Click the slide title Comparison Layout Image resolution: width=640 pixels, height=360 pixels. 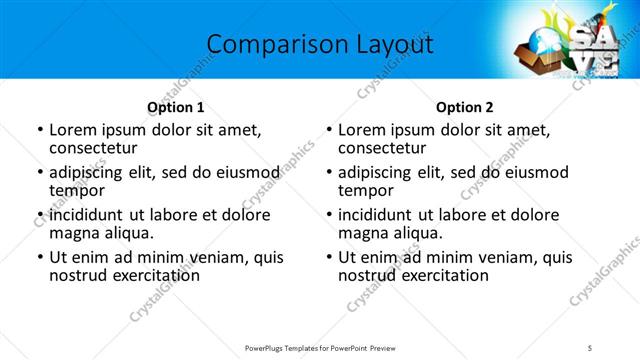pos(319,44)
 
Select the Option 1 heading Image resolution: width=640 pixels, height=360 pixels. pos(175,107)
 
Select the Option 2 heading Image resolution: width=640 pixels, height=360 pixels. pos(464,107)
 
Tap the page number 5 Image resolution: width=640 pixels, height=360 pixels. pos(590,346)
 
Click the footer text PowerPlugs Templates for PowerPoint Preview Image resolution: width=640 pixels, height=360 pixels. pos(319,346)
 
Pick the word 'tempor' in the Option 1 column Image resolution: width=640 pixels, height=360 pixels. pos(75,190)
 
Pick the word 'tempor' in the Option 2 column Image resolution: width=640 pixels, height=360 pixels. pos(364,190)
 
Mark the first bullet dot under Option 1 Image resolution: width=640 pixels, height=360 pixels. pos(39,130)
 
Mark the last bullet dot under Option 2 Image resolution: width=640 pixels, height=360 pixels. pos(328,258)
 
